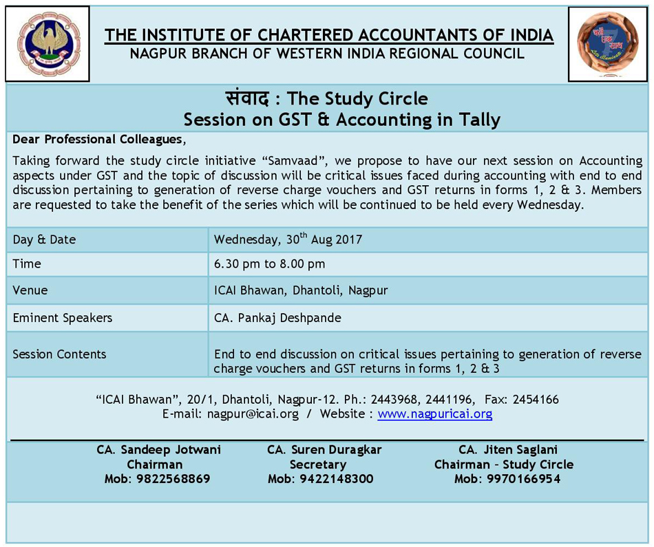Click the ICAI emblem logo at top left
pos(48,43)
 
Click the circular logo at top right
pos(608,44)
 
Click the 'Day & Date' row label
pos(44,240)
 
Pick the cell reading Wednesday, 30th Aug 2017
pos(288,240)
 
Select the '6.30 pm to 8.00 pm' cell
pos(269,264)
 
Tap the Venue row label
pos(30,290)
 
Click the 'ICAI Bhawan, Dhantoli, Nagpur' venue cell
pos(300,290)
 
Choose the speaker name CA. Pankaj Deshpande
pos(277,318)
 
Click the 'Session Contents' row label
pos(59,354)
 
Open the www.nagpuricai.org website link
pos(434,414)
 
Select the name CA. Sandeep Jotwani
pos(158,450)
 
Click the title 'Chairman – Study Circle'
pos(503,464)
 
